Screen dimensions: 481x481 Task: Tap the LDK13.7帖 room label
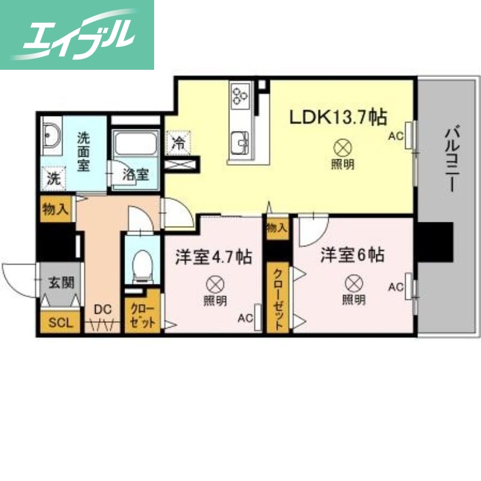tap(338, 117)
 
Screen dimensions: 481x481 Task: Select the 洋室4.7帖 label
tap(213, 257)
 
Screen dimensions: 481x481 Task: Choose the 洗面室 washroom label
tap(84, 151)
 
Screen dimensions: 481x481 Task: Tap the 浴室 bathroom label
tap(135, 176)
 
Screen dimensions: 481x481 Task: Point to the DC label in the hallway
tap(102, 310)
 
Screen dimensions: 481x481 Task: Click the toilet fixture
tap(141, 265)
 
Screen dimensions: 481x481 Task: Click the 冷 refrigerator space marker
tap(179, 143)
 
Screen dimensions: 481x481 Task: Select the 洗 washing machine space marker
tap(54, 178)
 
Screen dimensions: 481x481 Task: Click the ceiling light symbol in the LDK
tap(342, 147)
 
